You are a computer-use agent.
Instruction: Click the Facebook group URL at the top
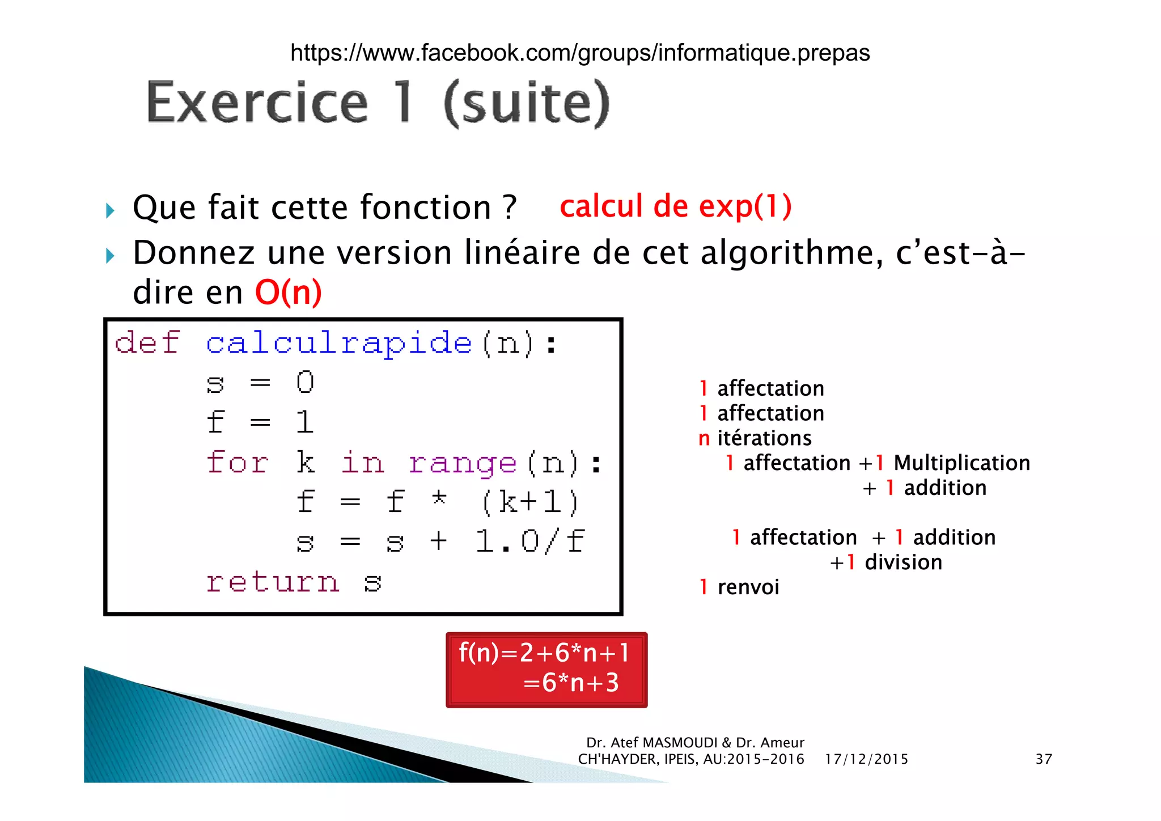click(579, 53)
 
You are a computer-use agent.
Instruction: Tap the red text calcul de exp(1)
click(675, 206)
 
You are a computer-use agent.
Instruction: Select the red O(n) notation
click(288, 293)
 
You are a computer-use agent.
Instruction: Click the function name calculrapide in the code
click(338, 344)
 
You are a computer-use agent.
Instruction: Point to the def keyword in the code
click(147, 342)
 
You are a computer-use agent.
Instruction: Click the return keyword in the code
click(273, 582)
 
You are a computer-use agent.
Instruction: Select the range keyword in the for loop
click(462, 463)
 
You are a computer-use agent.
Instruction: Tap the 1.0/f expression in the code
click(530, 541)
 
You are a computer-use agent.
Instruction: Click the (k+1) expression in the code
click(530, 502)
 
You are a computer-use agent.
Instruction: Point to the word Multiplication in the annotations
click(961, 463)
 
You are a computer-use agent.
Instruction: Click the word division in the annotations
click(903, 562)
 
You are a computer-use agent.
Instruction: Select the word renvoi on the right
click(748, 587)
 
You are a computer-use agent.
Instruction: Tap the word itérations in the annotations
click(764, 438)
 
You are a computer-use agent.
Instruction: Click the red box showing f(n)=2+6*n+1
click(546, 670)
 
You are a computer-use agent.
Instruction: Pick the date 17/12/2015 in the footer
click(866, 759)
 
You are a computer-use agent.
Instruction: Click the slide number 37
click(1044, 759)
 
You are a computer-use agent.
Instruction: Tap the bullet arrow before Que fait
click(110, 211)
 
